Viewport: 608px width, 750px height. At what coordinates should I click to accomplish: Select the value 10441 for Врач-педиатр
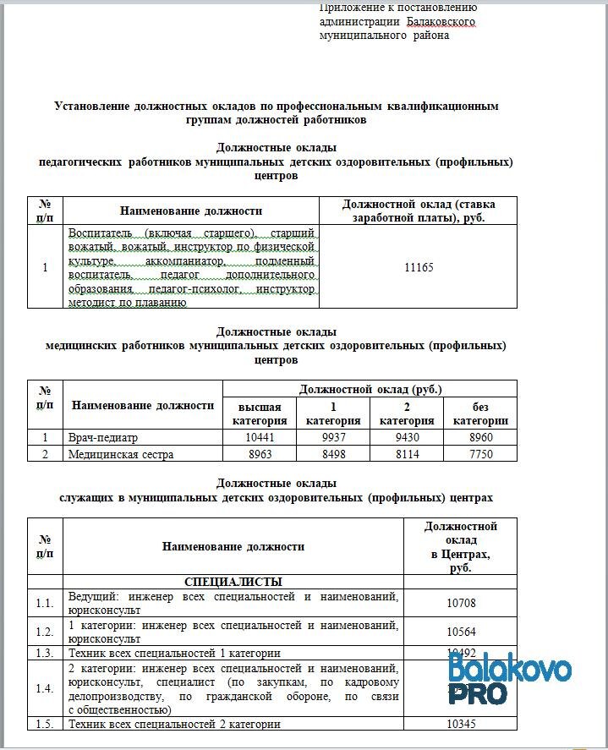[255, 438]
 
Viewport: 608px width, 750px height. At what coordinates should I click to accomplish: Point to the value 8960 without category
[479, 438]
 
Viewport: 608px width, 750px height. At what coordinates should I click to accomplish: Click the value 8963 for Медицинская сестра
[255, 454]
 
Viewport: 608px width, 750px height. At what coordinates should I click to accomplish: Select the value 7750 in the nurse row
[479, 454]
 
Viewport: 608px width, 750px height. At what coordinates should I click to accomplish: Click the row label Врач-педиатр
[102, 438]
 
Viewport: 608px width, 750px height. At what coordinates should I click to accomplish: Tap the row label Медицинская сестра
[121, 454]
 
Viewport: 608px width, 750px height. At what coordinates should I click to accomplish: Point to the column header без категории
[479, 413]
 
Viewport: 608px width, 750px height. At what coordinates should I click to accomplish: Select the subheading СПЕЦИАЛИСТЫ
[233, 582]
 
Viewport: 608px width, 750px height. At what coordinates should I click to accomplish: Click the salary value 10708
[461, 602]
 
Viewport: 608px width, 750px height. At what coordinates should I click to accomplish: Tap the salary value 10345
[461, 725]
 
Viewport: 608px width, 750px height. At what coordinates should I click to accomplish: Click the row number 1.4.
[45, 688]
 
